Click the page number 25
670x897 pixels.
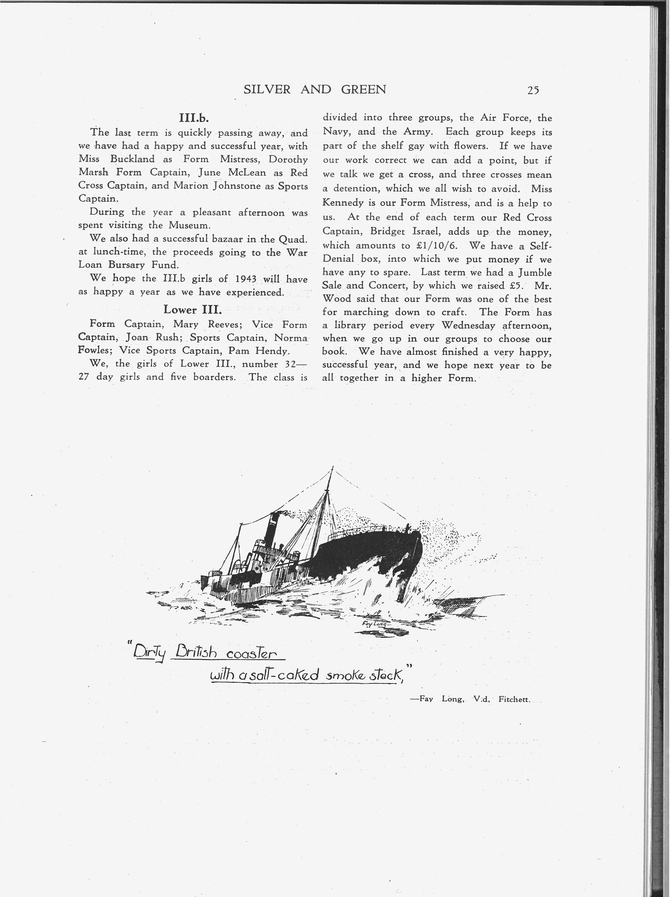(x=533, y=90)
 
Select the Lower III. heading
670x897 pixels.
(x=193, y=310)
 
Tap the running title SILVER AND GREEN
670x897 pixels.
(x=315, y=90)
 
